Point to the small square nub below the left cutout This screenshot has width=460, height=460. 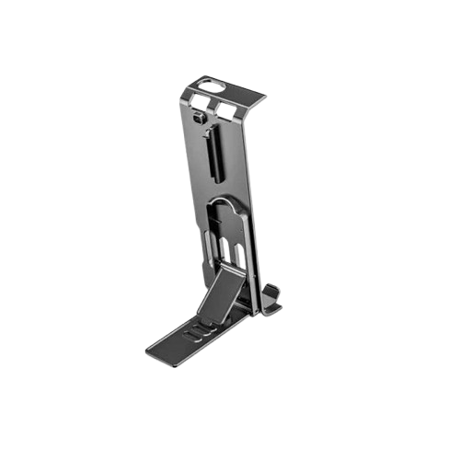[x=198, y=120]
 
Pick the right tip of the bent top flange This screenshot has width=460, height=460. [x=264, y=96]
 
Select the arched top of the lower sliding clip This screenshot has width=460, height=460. [x=225, y=200]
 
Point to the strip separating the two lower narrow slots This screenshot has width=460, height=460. [x=229, y=251]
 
